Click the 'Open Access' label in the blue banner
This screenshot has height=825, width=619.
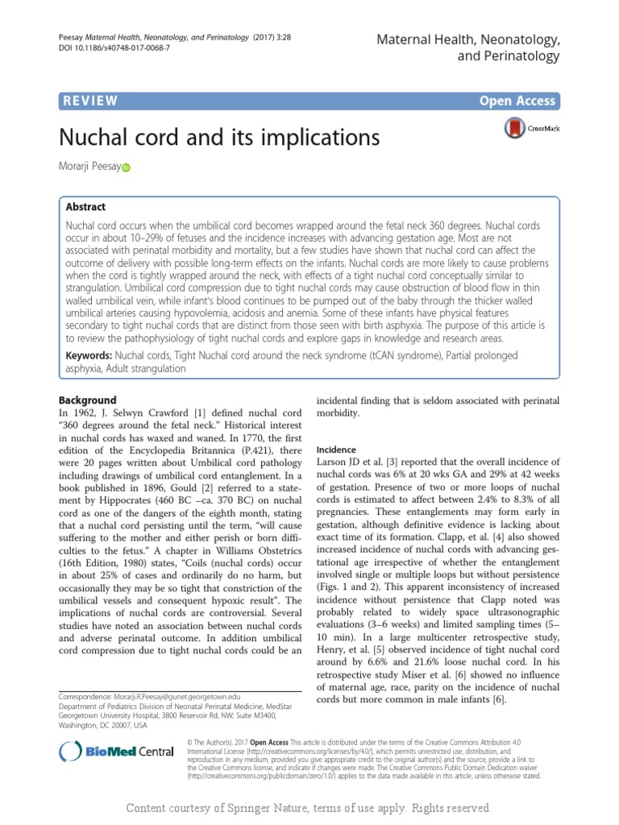(517, 101)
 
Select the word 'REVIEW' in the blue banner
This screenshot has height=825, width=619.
(89, 101)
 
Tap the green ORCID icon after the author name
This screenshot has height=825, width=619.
(126, 168)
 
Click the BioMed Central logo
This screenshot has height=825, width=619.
(118, 752)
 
